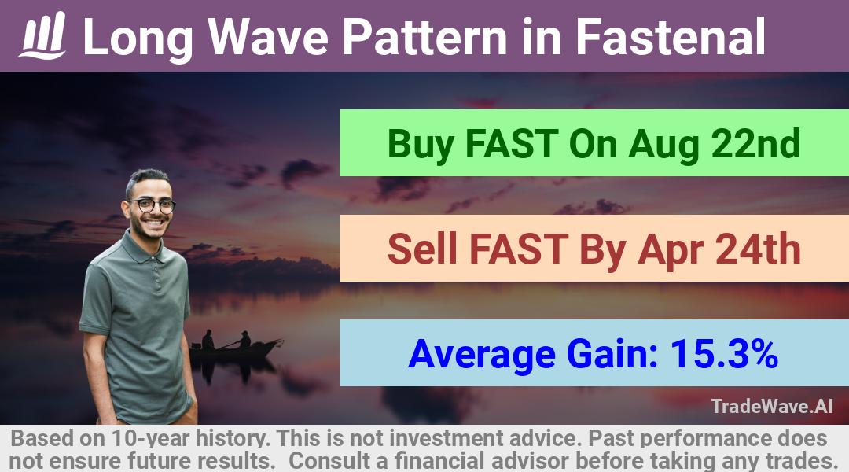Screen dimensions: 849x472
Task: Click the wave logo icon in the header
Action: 42,35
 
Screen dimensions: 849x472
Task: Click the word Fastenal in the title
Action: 671,37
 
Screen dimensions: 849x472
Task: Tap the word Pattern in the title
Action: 425,37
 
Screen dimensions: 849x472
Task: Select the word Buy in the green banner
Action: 421,144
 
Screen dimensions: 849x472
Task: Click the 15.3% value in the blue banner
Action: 725,354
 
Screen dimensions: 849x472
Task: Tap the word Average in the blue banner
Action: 482,355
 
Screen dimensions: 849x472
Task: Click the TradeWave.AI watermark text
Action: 772,406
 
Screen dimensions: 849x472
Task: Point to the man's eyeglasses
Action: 153,205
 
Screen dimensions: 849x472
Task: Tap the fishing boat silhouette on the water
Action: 236,347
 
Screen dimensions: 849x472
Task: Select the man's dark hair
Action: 146,179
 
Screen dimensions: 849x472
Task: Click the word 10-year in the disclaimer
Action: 153,438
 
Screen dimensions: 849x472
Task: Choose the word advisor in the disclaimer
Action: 530,461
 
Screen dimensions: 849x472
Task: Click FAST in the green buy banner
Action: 512,143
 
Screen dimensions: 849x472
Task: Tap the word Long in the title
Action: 138,38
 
